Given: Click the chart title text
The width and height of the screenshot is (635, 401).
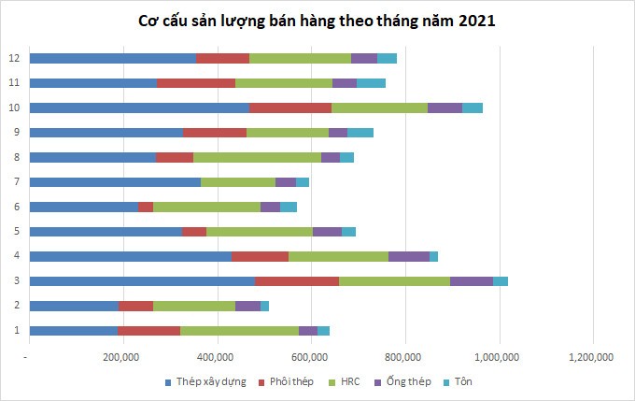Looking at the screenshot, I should click(317, 21).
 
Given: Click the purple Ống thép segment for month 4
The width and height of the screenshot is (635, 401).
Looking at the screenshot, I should click(409, 256).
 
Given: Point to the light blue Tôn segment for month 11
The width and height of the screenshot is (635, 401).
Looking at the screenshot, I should click(371, 83).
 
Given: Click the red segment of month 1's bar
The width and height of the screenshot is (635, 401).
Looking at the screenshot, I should click(148, 330).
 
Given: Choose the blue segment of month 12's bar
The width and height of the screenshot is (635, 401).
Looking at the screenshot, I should click(113, 58).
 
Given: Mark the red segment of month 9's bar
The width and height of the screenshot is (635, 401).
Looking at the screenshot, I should click(215, 132).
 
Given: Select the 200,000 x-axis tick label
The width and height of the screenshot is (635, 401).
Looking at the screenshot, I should click(122, 356).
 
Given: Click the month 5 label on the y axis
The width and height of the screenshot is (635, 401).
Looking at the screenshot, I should click(14, 231).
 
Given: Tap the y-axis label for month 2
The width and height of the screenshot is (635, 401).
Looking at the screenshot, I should click(14, 305).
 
